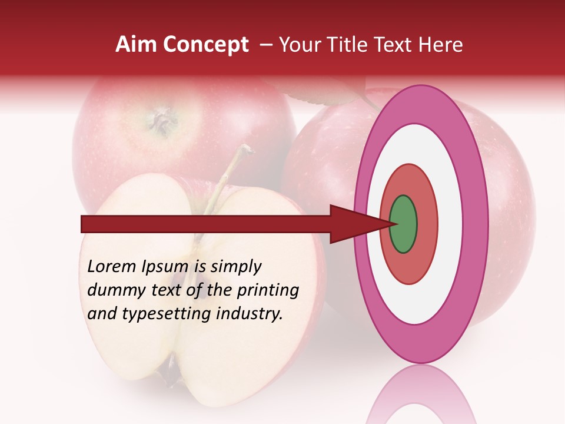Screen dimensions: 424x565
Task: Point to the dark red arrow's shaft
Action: point(206,224)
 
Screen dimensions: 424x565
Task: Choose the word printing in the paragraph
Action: point(268,291)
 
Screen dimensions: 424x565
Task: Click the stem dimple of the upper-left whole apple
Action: point(161,120)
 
